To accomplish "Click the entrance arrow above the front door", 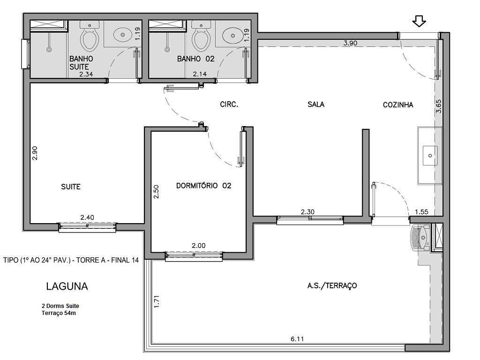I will [x=419, y=21].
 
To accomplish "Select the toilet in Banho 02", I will [x=201, y=37].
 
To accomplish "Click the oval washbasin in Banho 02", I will [x=232, y=35].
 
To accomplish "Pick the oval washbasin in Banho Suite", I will [x=123, y=34].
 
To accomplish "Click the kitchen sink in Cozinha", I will [x=430, y=155].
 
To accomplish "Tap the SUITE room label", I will [x=71, y=187].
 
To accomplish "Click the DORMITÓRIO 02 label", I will [x=203, y=186].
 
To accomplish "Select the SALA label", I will [x=316, y=105].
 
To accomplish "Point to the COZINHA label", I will [x=398, y=105].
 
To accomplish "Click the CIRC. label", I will [x=229, y=105].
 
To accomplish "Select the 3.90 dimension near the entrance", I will [x=350, y=43].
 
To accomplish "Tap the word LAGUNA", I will [x=67, y=286].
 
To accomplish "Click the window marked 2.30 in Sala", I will [x=310, y=219].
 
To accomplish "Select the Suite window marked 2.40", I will [x=87, y=227].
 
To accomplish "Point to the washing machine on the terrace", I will [x=419, y=238].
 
